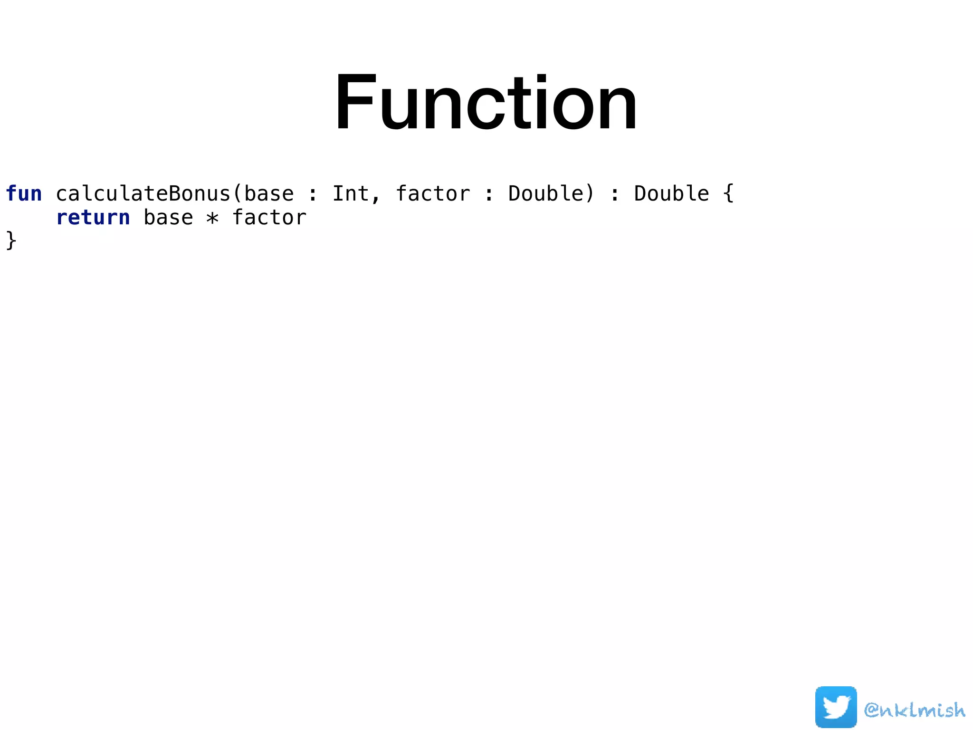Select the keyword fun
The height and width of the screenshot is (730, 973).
[x=24, y=194]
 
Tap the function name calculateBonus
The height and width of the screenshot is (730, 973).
[x=143, y=194]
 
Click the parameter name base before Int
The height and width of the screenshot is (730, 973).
[x=269, y=194]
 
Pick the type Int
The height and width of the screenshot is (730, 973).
[x=350, y=194]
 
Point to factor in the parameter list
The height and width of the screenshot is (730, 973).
[x=433, y=194]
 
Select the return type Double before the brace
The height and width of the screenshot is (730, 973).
[x=671, y=194]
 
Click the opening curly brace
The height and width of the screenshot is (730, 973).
[x=728, y=194]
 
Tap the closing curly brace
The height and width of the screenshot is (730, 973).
[x=11, y=240]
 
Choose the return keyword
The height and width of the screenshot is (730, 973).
[x=93, y=218]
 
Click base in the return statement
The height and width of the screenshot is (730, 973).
[x=168, y=218]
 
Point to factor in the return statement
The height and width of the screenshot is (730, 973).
[x=269, y=218]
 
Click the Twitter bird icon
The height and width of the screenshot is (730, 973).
[x=836, y=707]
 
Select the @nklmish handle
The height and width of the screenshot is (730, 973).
[x=915, y=710]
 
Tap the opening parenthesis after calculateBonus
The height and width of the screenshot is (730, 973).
[x=237, y=194]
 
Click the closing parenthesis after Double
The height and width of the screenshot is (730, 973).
[x=590, y=194]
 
